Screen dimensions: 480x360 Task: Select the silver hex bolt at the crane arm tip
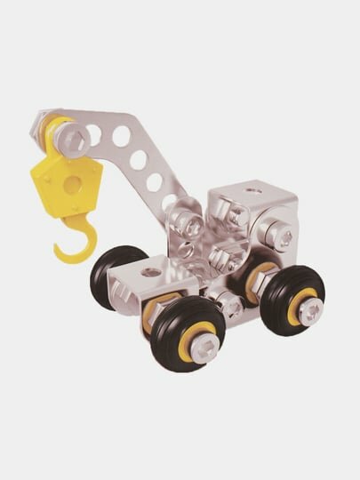(76, 138)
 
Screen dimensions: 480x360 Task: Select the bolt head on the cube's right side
(284, 238)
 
